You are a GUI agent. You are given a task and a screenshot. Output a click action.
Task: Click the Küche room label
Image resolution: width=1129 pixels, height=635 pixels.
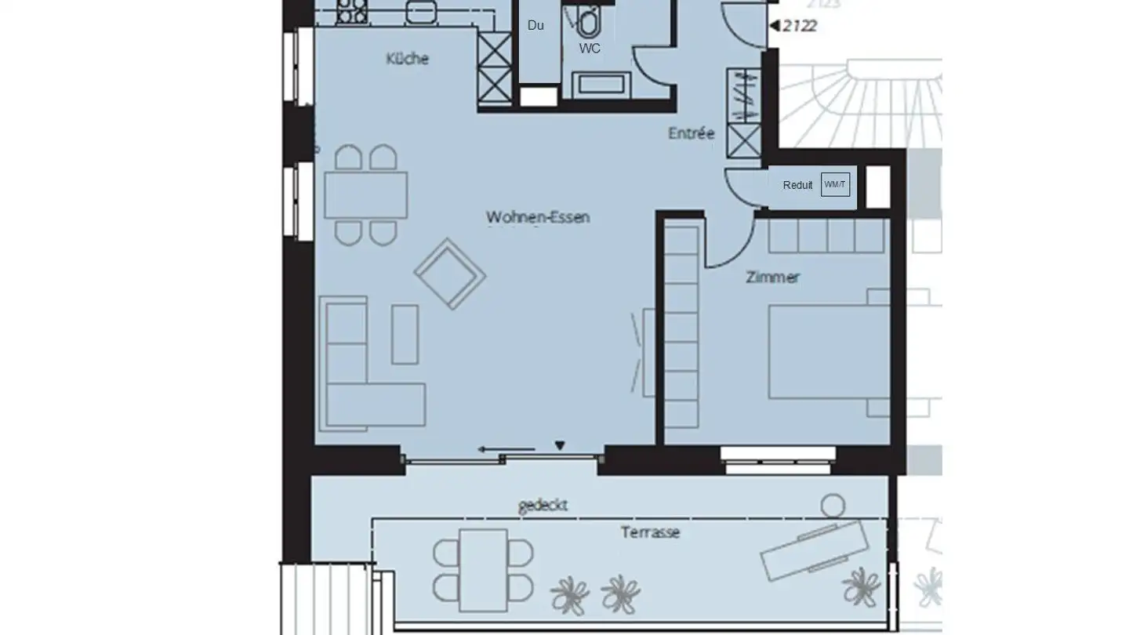pos(408,59)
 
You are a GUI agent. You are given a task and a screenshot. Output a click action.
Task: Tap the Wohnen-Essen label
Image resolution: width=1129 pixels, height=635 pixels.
pos(537,217)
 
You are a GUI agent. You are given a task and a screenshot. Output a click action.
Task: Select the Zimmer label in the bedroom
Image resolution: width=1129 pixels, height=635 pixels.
pos(773,278)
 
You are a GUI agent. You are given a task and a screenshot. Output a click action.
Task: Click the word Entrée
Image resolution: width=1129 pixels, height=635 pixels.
pos(691,134)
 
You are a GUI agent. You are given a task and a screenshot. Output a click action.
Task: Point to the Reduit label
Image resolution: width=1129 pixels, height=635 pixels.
pos(797,186)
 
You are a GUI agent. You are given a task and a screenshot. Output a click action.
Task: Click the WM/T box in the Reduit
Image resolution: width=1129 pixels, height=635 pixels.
pos(835,185)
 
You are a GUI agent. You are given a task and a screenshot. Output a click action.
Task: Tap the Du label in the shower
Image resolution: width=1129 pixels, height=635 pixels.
pos(535,25)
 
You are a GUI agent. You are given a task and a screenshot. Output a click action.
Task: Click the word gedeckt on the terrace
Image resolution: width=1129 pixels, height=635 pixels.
pos(543,505)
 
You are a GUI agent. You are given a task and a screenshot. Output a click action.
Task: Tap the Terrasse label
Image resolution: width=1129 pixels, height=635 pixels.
pos(650,532)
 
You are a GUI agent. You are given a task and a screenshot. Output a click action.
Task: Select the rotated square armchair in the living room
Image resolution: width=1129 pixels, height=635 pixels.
pos(449,273)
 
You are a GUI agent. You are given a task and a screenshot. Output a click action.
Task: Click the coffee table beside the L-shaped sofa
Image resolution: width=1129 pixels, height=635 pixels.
pos(405,334)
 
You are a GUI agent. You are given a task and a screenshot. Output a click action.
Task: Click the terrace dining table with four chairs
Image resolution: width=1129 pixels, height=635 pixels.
pos(483,569)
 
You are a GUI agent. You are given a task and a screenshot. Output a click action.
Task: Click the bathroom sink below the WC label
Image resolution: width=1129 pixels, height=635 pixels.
pos(601,84)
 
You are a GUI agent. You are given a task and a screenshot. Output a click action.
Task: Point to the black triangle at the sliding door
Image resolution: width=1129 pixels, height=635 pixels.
pos(560,446)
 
